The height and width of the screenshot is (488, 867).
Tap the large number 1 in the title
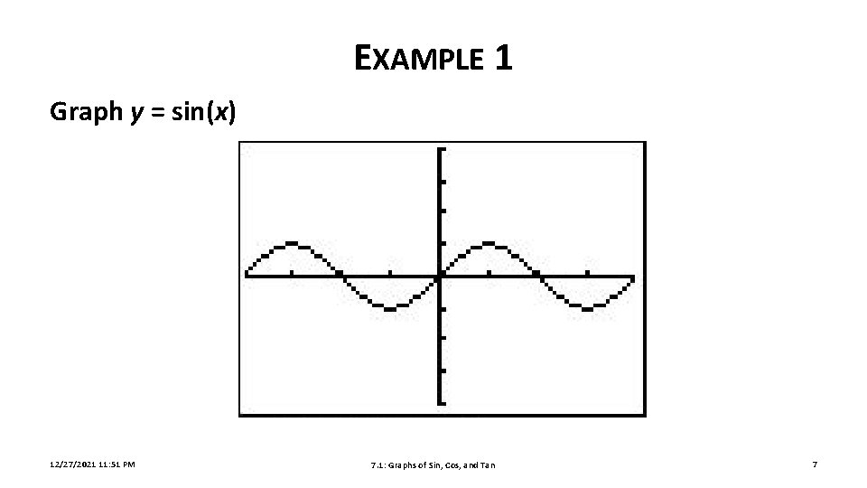point(504,59)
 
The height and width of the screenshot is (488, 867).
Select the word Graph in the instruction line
point(85,112)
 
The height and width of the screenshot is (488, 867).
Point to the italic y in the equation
point(137,114)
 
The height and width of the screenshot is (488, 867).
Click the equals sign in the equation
point(158,113)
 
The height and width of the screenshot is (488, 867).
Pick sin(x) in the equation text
point(203,112)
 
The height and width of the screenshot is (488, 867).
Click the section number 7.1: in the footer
point(378,465)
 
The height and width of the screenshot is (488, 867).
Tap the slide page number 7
point(815,465)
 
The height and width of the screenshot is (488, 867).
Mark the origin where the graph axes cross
point(440,277)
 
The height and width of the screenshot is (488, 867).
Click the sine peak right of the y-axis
point(489,243)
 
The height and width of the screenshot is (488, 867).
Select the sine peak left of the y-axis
point(292,243)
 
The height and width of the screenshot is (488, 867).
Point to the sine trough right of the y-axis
point(587,309)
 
